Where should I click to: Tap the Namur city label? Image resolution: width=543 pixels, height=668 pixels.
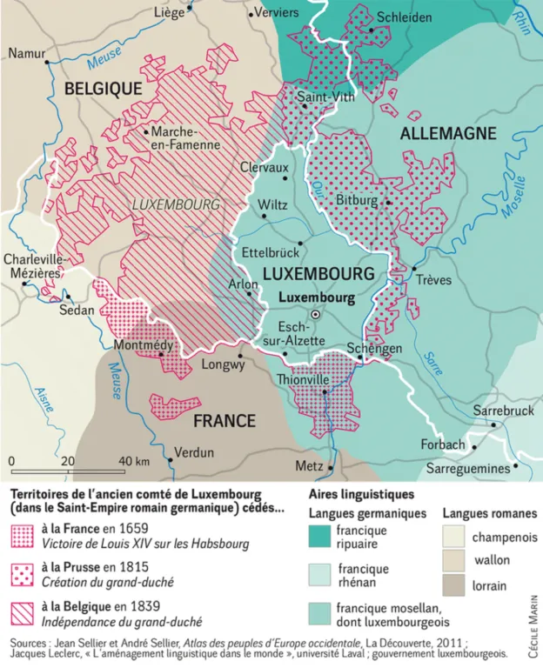pos(26,53)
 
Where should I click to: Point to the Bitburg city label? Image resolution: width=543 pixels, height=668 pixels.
pos(358,201)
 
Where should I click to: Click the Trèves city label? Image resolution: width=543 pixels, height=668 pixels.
pos(434,281)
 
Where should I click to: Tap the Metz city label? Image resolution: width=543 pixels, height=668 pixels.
pos(309,466)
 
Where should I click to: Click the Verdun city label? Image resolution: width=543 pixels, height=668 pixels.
pos(194,452)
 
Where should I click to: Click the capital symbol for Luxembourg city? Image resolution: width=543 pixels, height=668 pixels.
pos(317,314)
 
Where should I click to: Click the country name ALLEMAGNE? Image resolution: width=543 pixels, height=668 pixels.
pos(447,133)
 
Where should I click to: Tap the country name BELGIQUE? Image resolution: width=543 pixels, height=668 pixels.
pos(103,88)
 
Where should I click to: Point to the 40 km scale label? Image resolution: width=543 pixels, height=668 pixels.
pos(133,460)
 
